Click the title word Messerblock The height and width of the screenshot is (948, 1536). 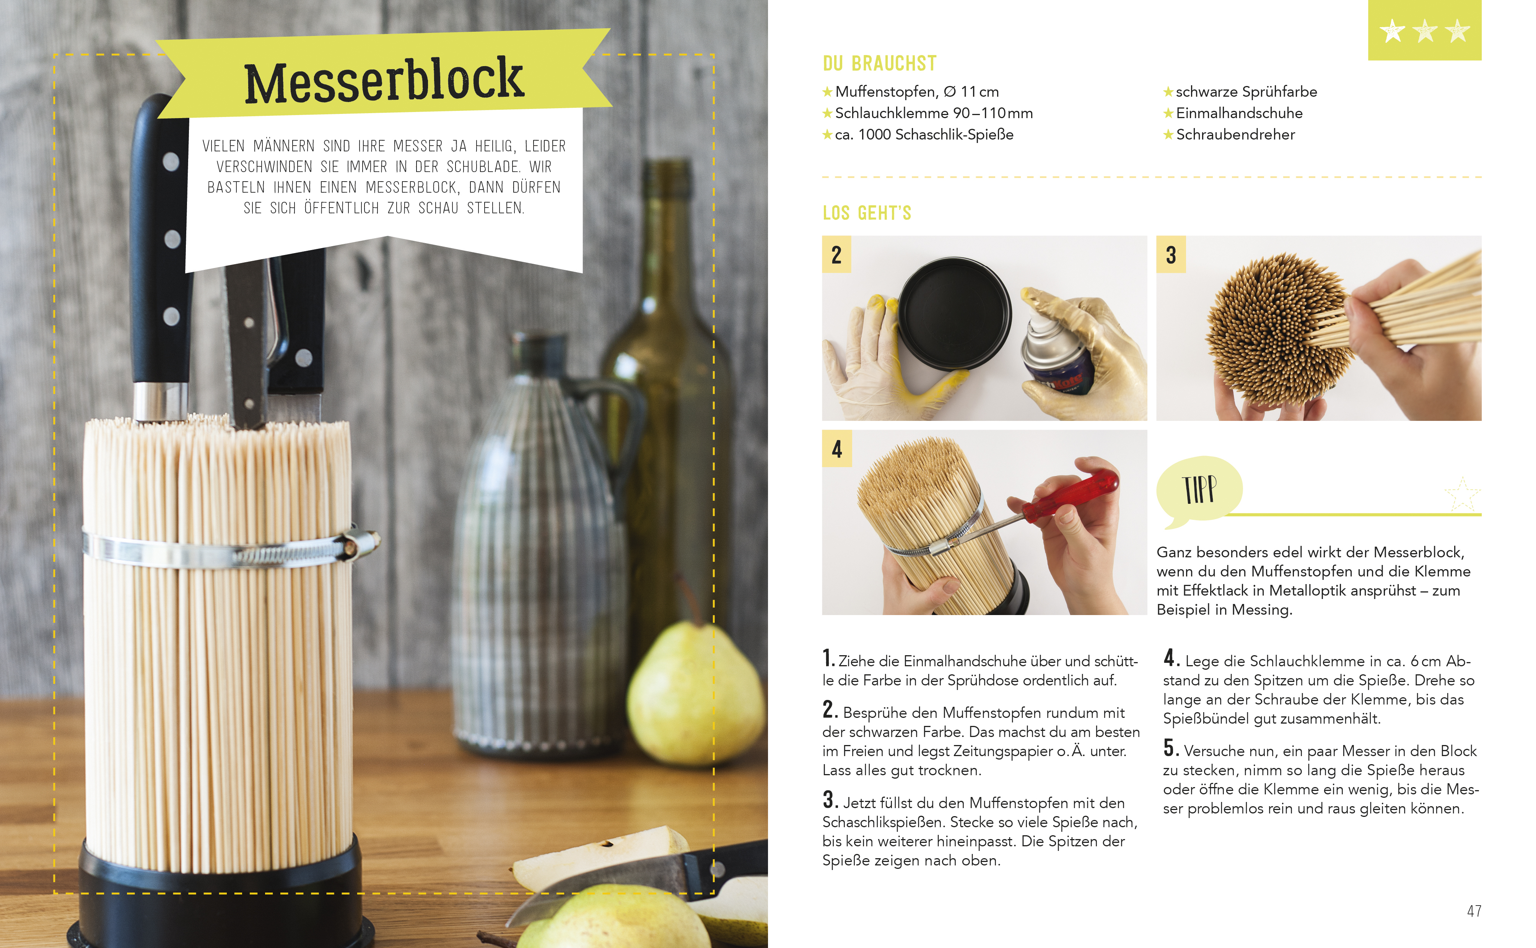(x=384, y=80)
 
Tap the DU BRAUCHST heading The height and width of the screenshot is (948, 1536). (x=879, y=63)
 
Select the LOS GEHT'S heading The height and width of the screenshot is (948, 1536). (x=867, y=213)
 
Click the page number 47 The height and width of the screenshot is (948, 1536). (x=1474, y=911)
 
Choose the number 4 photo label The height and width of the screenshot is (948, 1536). (x=837, y=449)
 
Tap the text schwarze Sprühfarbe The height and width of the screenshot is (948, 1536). (x=1246, y=92)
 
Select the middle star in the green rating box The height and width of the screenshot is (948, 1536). (x=1425, y=30)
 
